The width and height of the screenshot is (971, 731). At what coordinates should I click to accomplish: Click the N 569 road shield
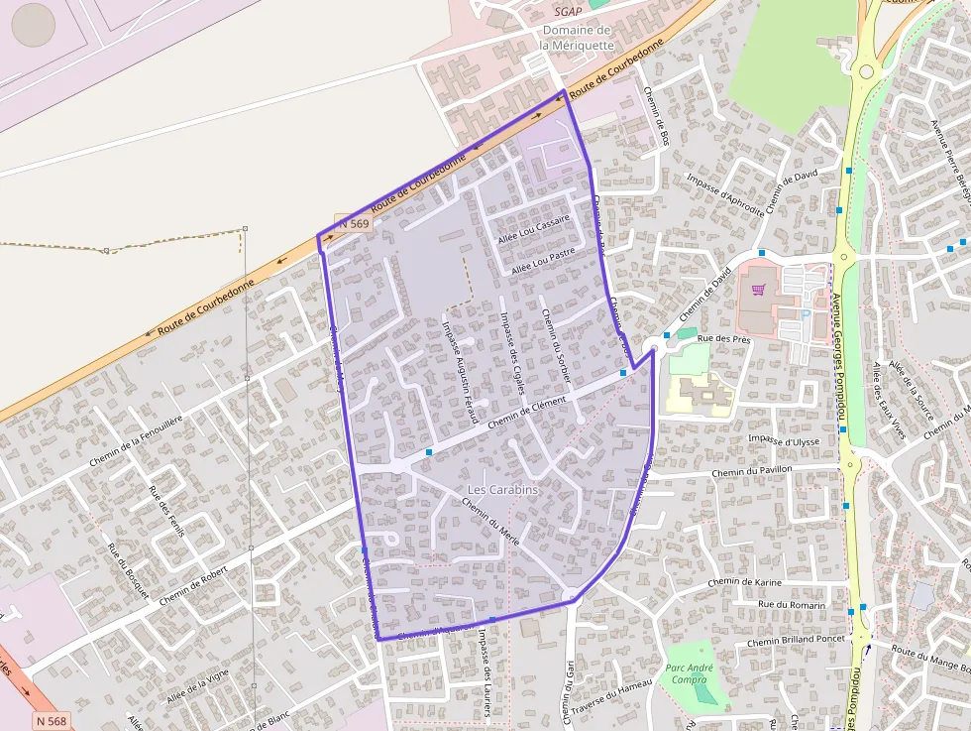353,224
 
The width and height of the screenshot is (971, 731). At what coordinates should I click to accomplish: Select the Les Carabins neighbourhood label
501,490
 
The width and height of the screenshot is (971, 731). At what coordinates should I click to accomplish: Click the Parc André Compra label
687,673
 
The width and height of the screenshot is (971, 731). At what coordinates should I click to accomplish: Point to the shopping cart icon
759,290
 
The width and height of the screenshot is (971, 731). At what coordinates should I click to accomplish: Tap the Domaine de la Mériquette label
576,37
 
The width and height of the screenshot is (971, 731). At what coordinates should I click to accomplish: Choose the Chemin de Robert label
193,585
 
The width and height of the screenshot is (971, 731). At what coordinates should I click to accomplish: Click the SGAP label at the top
568,12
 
